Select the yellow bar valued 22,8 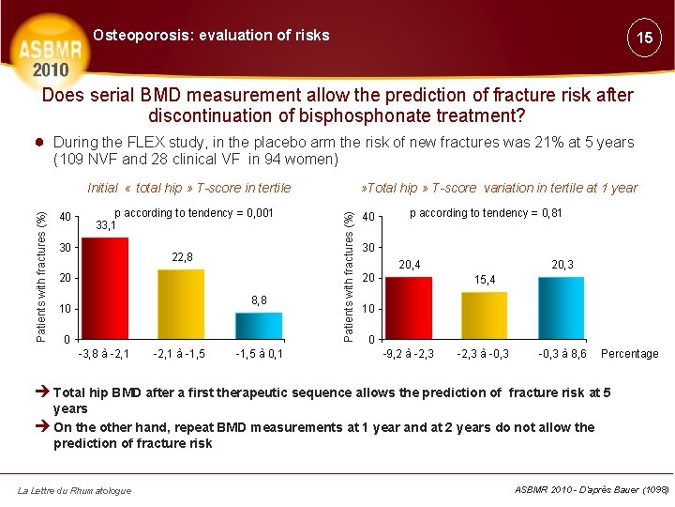coord(181,303)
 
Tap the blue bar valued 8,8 coord(259,325)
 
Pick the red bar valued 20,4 coord(409,307)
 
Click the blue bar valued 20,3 coord(562,307)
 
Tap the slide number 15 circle coord(644,38)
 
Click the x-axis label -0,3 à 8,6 coord(562,354)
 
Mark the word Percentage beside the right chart coord(629,354)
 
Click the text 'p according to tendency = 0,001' coord(193,213)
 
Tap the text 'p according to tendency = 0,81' coord(486,213)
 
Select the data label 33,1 coord(106,225)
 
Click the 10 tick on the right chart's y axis coord(368,309)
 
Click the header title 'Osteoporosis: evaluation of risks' coord(211,36)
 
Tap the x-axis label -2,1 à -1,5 coord(179,354)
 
